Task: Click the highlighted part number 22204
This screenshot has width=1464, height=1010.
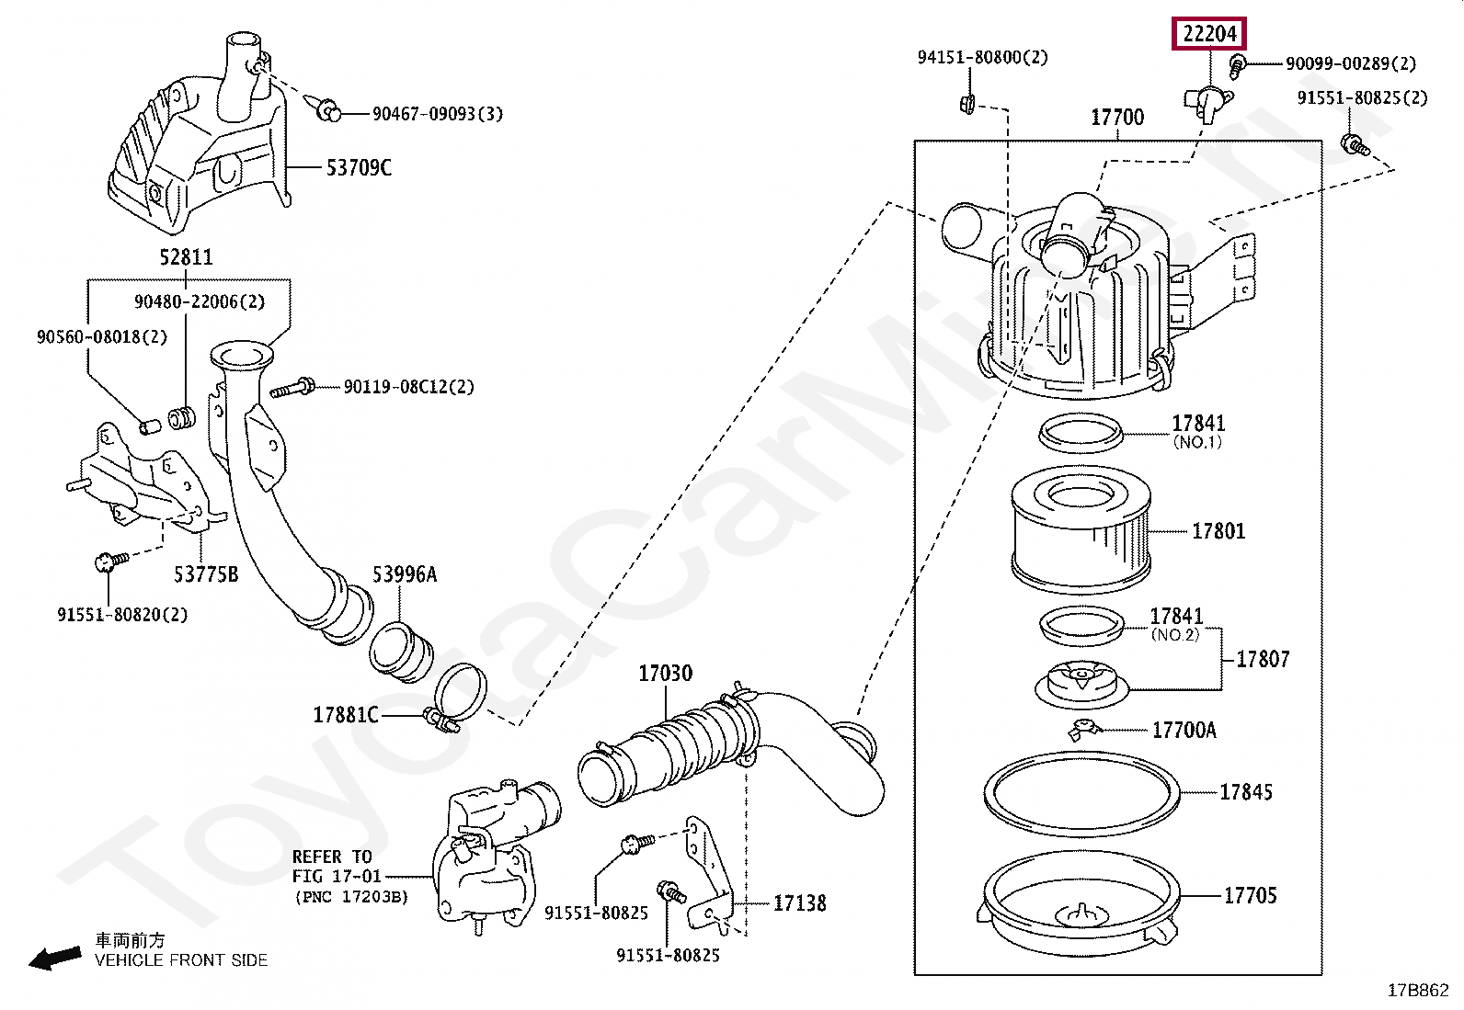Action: pyautogui.click(x=1210, y=35)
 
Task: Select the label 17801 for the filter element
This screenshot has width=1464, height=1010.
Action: pyautogui.click(x=1218, y=531)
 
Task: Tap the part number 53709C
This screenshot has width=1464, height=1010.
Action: pyautogui.click(x=359, y=167)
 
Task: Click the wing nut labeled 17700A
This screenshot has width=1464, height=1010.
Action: pyautogui.click(x=1085, y=729)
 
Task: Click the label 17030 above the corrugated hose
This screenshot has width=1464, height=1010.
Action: pyautogui.click(x=665, y=674)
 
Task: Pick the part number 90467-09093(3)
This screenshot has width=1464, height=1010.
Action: pyautogui.click(x=437, y=114)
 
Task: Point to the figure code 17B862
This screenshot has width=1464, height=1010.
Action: pyautogui.click(x=1418, y=991)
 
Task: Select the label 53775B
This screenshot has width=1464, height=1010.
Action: pyautogui.click(x=206, y=574)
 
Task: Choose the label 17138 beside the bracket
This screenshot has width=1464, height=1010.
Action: pyautogui.click(x=799, y=903)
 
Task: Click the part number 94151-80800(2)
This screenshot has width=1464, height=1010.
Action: pyautogui.click(x=982, y=57)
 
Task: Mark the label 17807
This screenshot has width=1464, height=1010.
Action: pyautogui.click(x=1262, y=659)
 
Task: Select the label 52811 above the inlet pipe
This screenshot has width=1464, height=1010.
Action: pyautogui.click(x=186, y=257)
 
